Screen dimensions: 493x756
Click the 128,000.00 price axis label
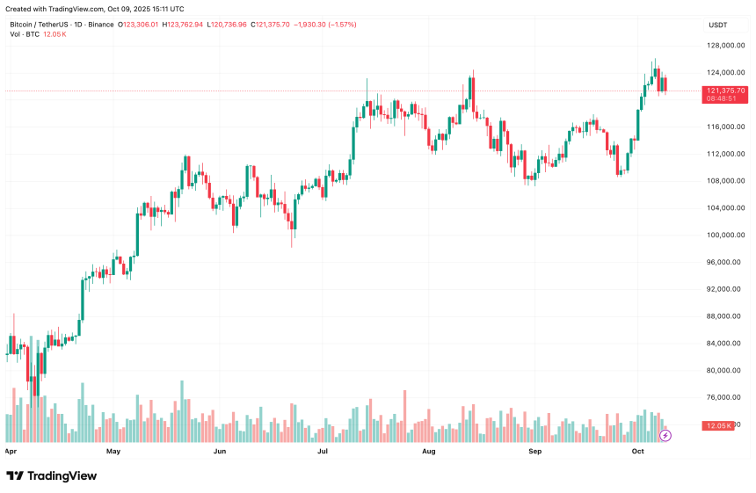(726, 46)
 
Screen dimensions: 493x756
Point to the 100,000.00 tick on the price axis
(726, 235)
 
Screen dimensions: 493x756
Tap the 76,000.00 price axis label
(726, 397)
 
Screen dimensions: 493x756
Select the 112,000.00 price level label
(726, 154)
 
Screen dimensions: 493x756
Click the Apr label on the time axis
(11, 452)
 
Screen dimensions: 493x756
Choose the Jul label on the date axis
(323, 452)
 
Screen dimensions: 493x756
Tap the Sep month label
(534, 452)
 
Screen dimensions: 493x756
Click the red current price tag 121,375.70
(725, 91)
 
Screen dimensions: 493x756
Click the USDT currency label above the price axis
(718, 25)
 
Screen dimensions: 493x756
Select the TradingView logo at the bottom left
(51, 475)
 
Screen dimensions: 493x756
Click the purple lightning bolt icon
(665, 435)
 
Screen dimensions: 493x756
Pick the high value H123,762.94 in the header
(179, 25)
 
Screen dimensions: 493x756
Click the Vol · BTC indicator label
(25, 34)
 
